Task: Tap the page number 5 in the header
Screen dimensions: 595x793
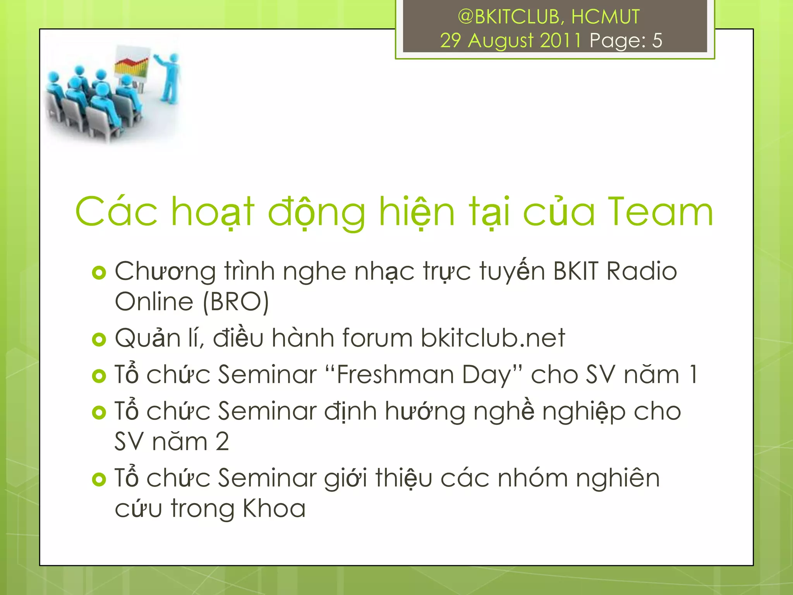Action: tap(657, 40)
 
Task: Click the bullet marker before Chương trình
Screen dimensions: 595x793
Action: tap(99, 273)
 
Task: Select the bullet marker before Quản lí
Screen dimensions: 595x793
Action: tap(99, 340)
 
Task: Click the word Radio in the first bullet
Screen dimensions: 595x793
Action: tap(642, 271)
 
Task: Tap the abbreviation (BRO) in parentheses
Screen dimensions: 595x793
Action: tap(235, 302)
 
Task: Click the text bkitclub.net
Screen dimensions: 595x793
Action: tap(493, 338)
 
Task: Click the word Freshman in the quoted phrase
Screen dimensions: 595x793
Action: tap(395, 375)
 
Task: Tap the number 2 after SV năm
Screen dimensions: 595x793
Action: tap(222, 442)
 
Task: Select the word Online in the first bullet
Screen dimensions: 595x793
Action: tap(154, 302)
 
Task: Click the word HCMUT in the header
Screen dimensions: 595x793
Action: tap(605, 17)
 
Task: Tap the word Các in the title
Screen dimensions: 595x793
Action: tap(117, 212)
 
